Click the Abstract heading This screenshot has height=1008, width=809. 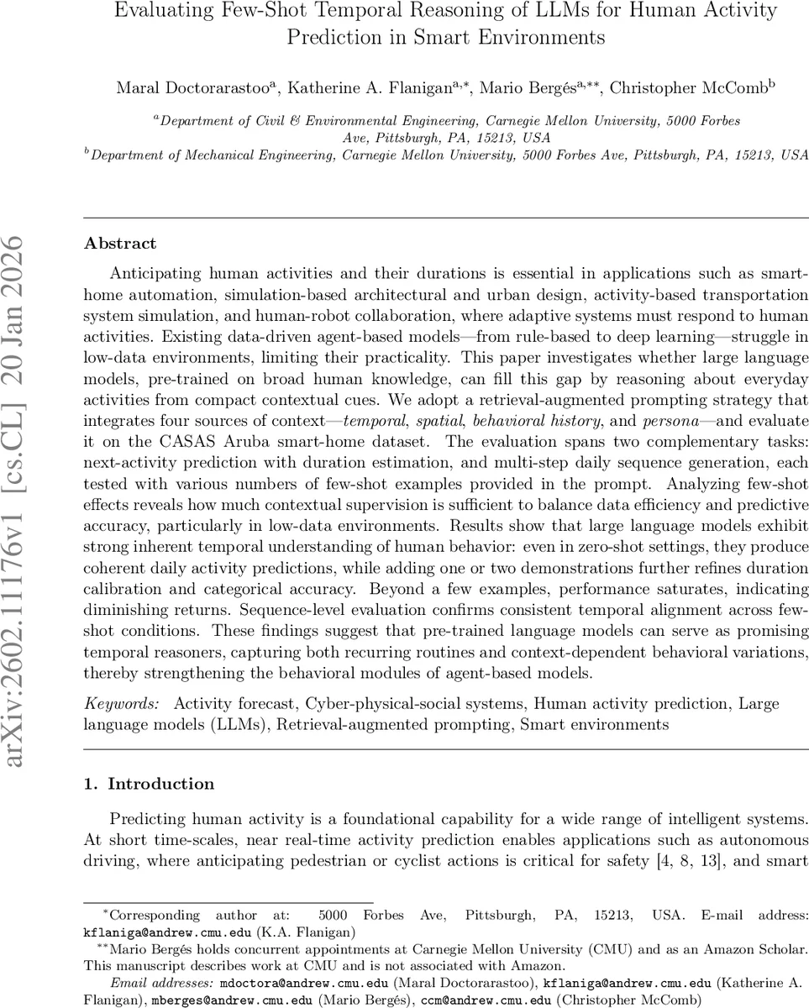[x=120, y=244]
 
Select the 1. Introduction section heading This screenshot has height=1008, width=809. [x=149, y=784]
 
